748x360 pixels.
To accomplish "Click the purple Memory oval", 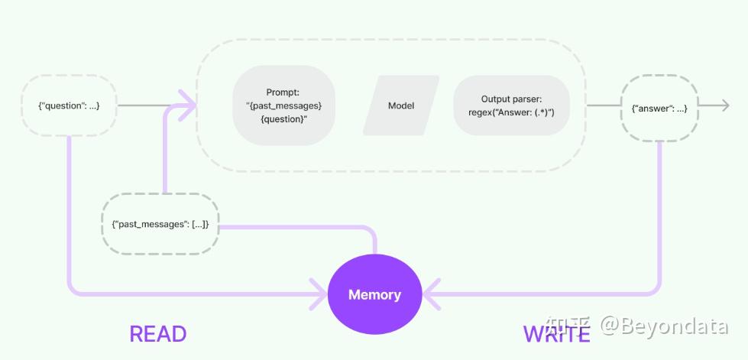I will point(374,294).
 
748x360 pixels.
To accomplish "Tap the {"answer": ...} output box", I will point(660,108).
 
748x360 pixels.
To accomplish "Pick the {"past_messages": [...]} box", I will point(160,225).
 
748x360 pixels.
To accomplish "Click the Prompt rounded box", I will point(283,105).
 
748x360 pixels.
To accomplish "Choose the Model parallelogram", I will point(401,105).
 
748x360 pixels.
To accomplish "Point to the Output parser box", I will point(511,105).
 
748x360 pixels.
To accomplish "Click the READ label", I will point(158,334).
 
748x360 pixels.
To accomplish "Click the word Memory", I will point(374,294).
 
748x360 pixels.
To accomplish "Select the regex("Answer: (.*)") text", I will point(511,112).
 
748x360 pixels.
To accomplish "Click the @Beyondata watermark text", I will point(663,327).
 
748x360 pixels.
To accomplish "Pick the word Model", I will point(401,105).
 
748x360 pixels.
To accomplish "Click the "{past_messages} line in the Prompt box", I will point(283,105).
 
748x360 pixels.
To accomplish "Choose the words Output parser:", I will point(511,99).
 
